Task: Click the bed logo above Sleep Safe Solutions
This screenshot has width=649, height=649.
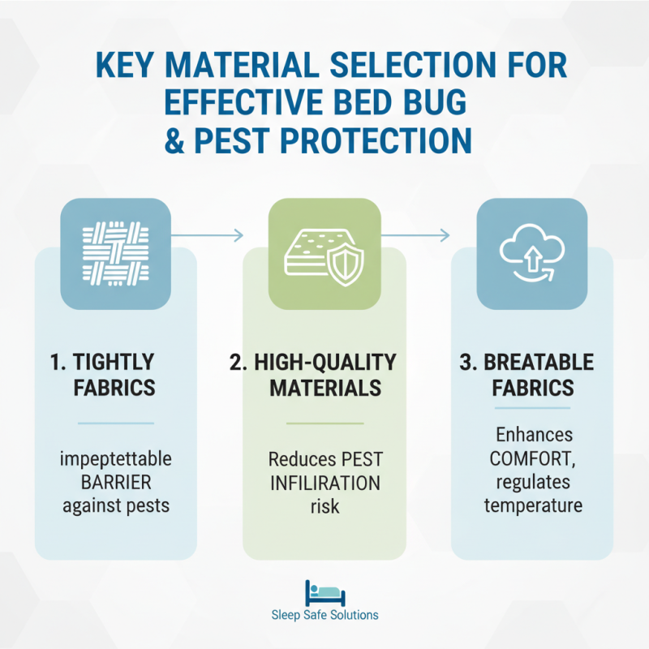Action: pos(324,592)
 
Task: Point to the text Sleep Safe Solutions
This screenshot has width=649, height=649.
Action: pos(324,615)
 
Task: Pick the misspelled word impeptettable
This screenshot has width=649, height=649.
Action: pos(115,460)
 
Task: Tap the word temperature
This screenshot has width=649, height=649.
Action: pos(532,506)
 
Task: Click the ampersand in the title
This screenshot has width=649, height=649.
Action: pos(188,140)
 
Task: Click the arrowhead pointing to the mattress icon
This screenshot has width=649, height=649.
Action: pos(239,235)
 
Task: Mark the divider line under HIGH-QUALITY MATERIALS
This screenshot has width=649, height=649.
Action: pos(324,423)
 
